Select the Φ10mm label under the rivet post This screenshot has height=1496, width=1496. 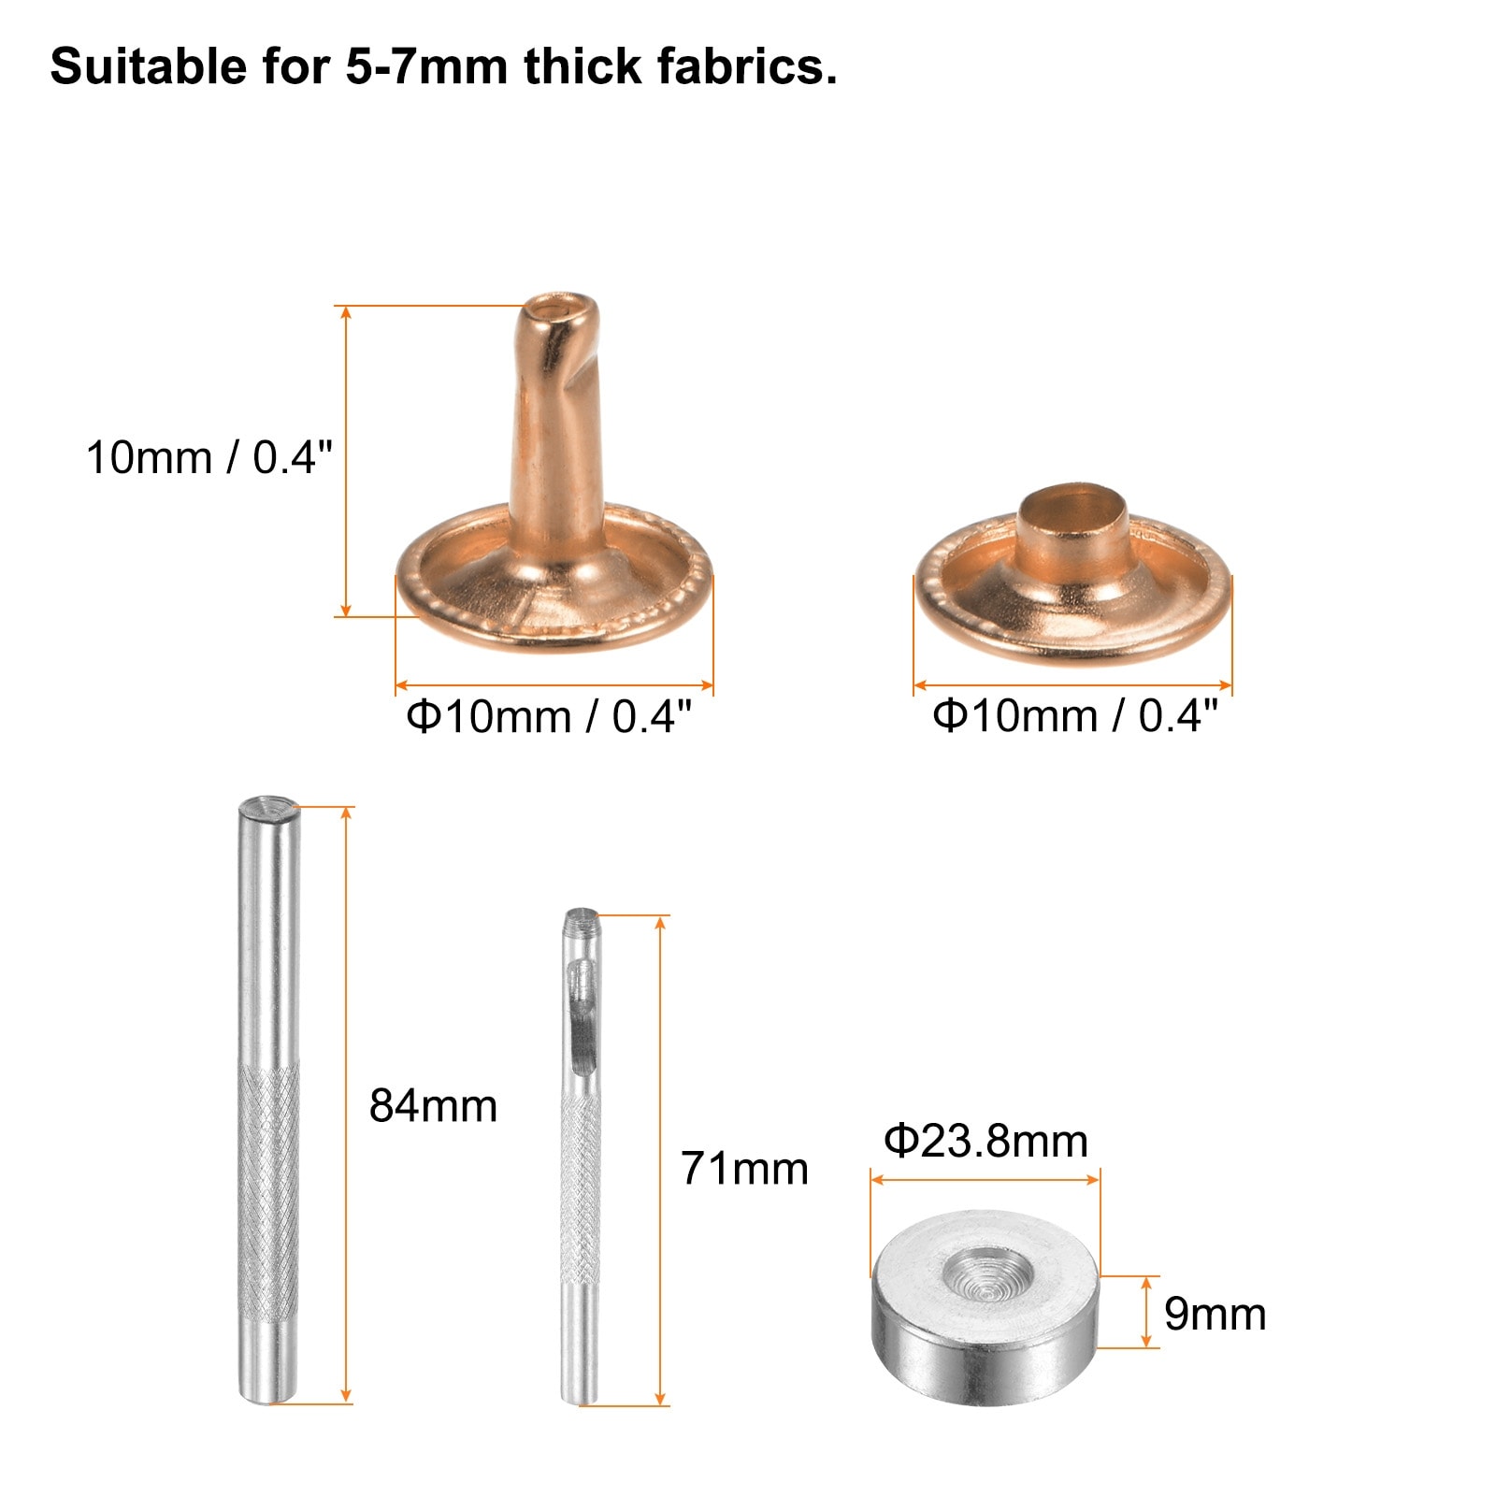click(x=550, y=717)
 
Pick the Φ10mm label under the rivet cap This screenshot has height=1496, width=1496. click(x=1076, y=716)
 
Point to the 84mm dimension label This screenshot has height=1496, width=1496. click(x=433, y=1106)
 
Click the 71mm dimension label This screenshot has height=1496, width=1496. click(x=744, y=1169)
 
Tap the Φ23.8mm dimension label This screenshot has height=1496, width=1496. click(x=986, y=1142)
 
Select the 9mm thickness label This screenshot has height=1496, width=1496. click(x=1215, y=1315)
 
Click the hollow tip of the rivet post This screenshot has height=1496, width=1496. click(x=559, y=309)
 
